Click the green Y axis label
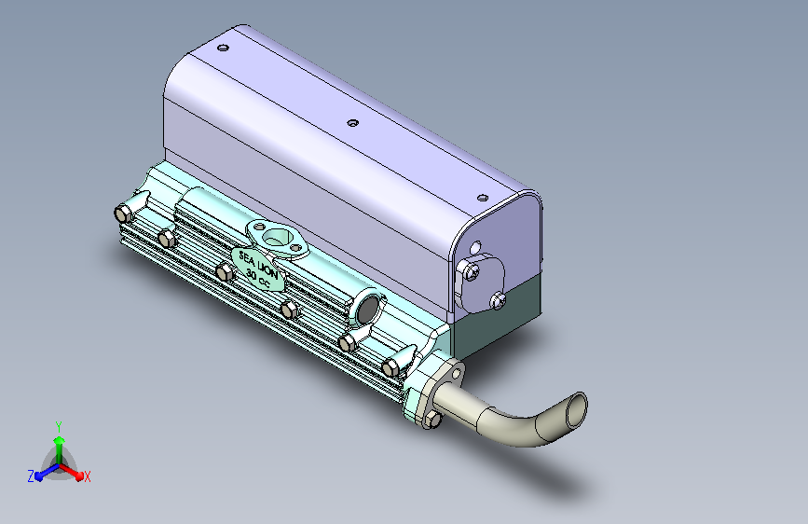coord(58,426)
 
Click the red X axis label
coord(87,476)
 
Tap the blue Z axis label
coord(31,476)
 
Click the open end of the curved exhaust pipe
coord(577,409)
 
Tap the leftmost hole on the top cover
coord(223,48)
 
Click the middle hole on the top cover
coord(352,123)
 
